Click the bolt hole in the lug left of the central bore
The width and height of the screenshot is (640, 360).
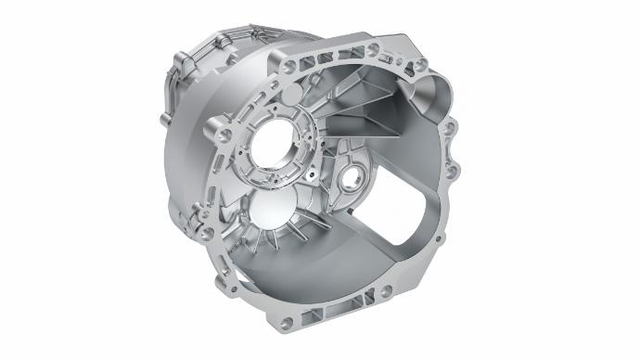pyautogui.click(x=223, y=136)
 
